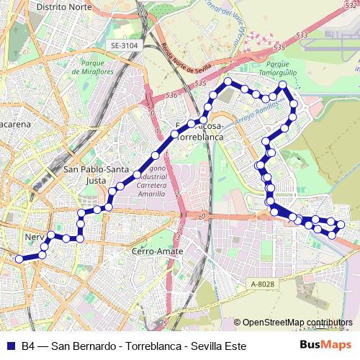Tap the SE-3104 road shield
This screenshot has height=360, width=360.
point(124,45)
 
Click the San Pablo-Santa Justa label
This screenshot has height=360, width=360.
point(86,175)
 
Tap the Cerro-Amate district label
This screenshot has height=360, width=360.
point(157,251)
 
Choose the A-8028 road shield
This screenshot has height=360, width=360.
point(263,284)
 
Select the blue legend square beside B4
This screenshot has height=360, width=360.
point(11,346)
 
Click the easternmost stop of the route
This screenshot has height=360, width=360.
point(341,225)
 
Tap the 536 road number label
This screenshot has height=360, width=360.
point(171,95)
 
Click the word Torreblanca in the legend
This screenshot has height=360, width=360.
point(150,346)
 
